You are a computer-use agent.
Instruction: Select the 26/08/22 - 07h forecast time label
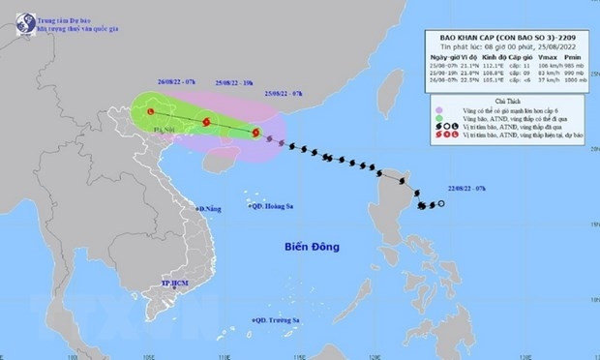pyautogui.click(x=145, y=81)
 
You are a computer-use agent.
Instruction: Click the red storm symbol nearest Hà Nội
pyautogui.click(x=152, y=113)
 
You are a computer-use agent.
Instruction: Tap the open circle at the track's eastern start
pyautogui.click(x=441, y=204)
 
